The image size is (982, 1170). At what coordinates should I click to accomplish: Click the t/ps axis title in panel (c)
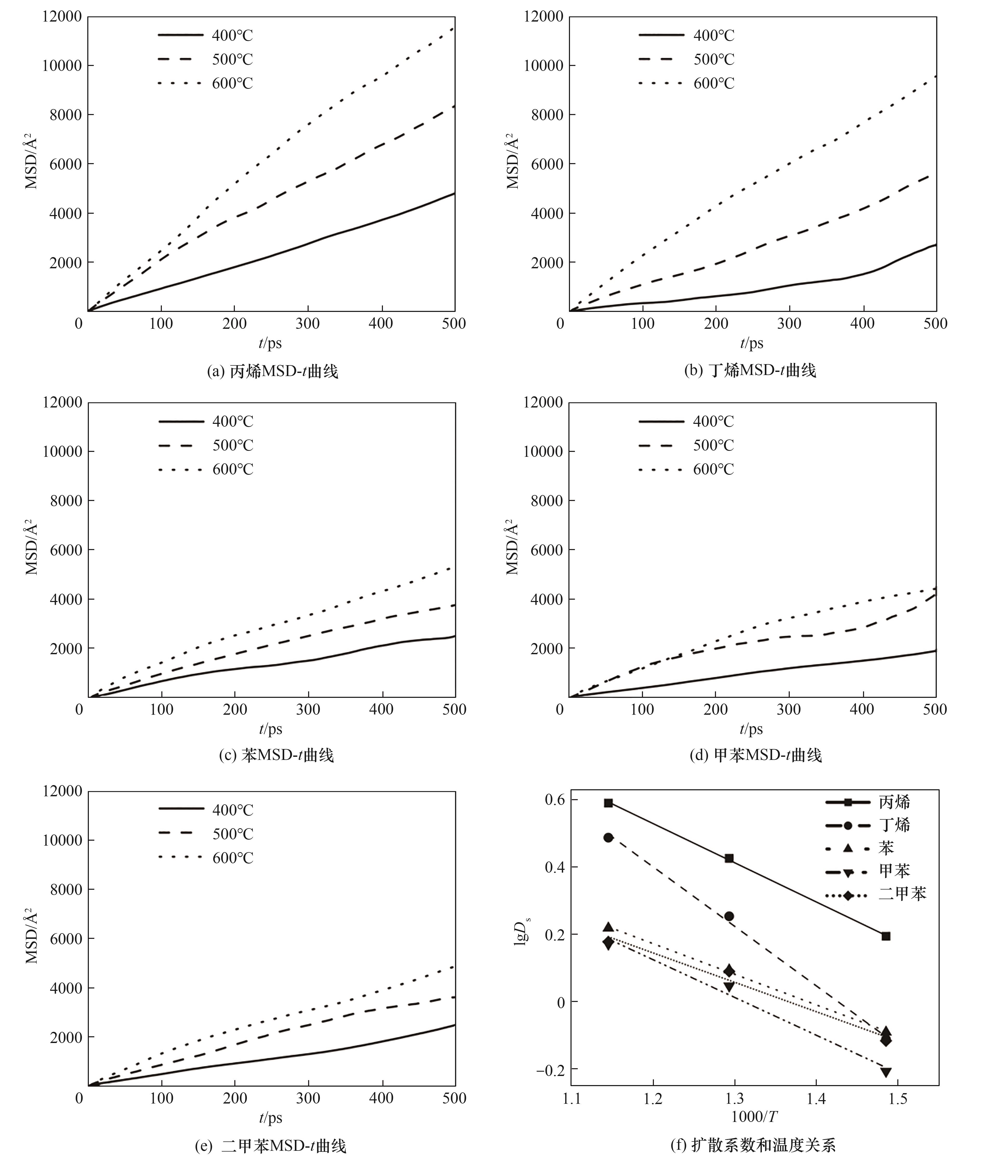271,729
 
